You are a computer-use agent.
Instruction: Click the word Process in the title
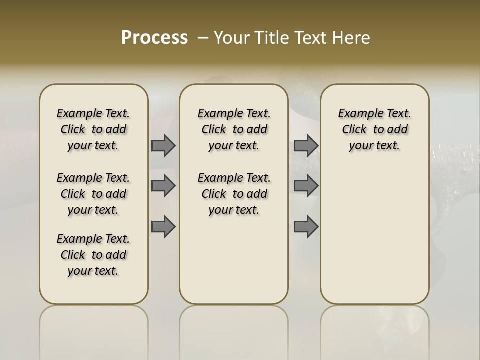click(x=154, y=37)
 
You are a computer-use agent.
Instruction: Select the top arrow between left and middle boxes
click(x=163, y=145)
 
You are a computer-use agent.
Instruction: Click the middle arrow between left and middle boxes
click(x=163, y=186)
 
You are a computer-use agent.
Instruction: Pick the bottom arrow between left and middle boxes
click(x=163, y=226)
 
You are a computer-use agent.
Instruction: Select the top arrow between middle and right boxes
click(x=306, y=145)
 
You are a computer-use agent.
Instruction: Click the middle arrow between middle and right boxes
click(x=306, y=186)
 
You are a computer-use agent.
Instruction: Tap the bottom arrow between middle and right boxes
click(x=306, y=226)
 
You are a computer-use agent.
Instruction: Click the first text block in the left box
click(x=93, y=129)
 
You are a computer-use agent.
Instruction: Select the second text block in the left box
click(x=93, y=194)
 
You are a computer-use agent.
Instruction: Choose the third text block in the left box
click(x=93, y=255)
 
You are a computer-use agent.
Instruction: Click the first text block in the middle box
click(x=234, y=129)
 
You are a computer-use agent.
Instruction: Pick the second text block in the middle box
click(x=234, y=194)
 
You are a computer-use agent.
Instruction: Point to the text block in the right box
click(x=375, y=129)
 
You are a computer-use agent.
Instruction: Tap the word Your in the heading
click(x=232, y=38)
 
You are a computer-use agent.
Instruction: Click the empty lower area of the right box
click(x=375, y=235)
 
